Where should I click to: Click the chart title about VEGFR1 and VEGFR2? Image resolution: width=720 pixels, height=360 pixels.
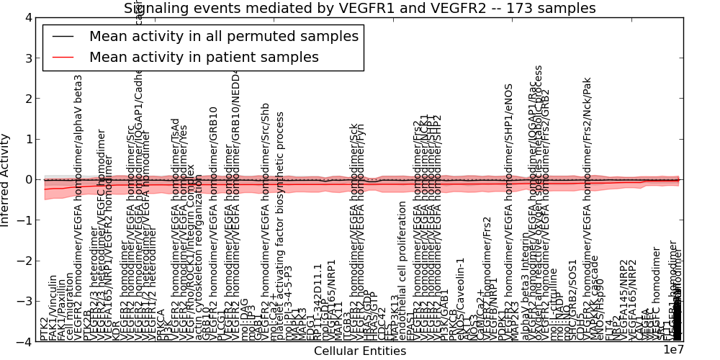tap(360, 9)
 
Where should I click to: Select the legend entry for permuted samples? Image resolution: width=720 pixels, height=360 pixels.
tap(223, 36)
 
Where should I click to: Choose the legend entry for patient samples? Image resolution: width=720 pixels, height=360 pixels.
tap(204, 57)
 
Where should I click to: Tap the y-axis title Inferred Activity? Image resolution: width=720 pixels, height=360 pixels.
tap(6, 180)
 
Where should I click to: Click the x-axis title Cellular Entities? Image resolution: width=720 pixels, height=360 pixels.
tap(360, 351)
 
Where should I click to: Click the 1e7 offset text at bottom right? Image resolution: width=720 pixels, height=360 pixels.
tap(672, 351)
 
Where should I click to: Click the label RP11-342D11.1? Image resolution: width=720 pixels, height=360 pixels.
tap(319, 302)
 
